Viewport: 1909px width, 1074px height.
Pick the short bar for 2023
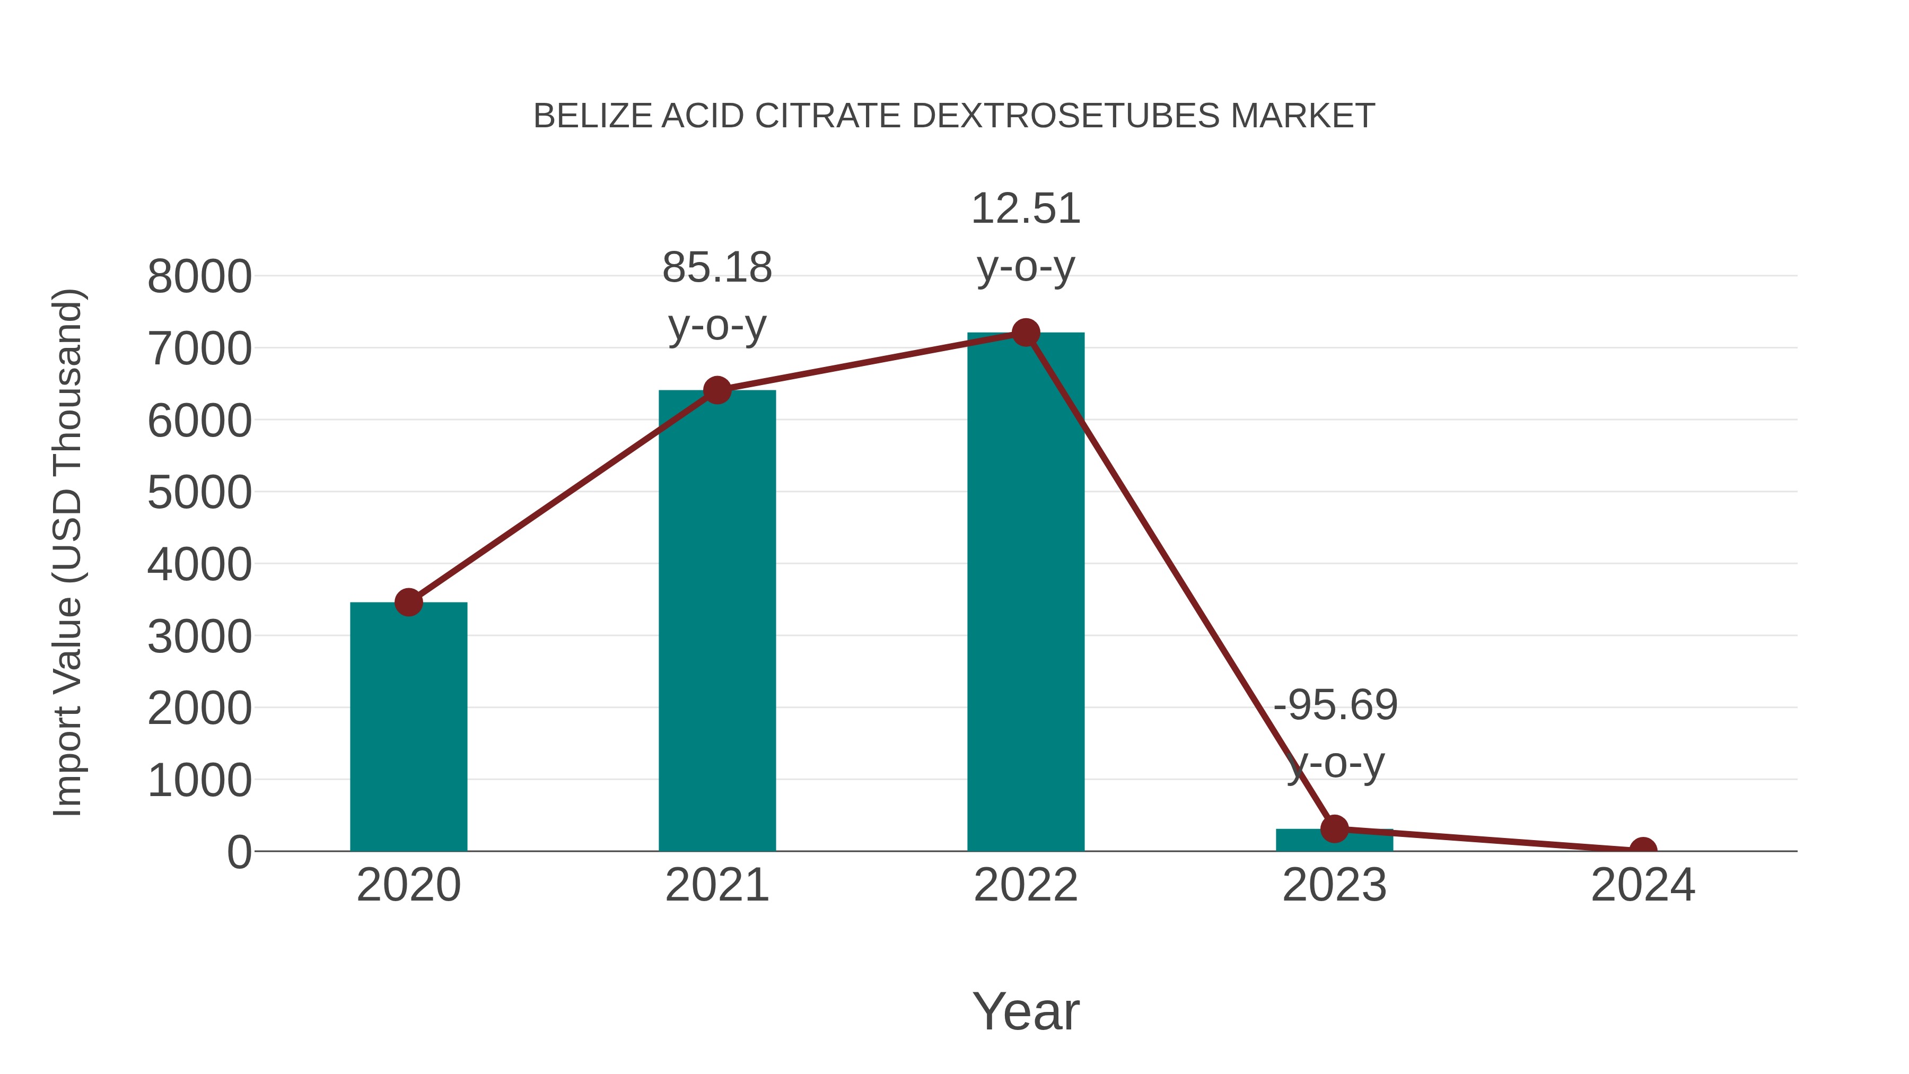point(1334,841)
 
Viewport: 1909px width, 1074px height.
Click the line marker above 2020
point(408,603)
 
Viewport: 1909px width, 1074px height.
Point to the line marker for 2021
point(716,390)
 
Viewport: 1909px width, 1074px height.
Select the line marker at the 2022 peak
point(1026,333)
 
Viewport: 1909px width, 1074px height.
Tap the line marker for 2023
point(1334,828)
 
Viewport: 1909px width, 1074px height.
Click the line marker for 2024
point(1643,850)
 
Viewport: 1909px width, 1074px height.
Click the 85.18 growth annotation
point(716,268)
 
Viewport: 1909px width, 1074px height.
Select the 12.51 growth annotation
point(1026,209)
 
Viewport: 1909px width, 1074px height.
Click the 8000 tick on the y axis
point(199,277)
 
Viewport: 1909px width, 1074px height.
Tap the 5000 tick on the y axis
point(199,493)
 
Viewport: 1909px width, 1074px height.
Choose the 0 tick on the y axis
point(239,852)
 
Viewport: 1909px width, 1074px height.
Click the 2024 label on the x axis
point(1643,886)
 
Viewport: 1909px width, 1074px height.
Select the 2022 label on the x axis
point(1026,886)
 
